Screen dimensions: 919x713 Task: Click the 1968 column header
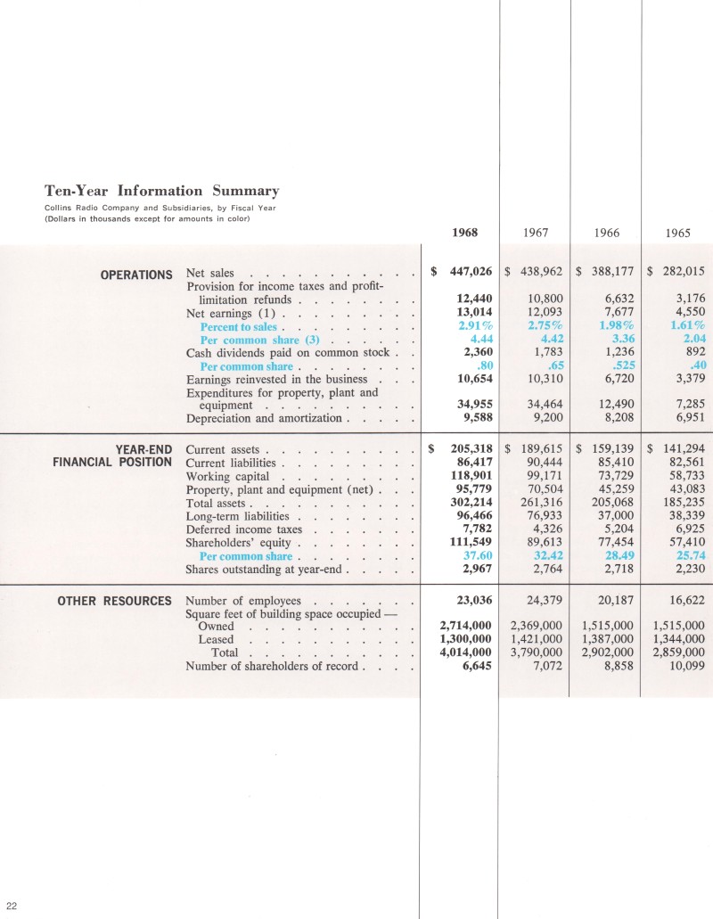tap(464, 232)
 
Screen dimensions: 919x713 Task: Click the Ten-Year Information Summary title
tap(161, 191)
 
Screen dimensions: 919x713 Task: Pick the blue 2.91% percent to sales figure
tap(473, 326)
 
